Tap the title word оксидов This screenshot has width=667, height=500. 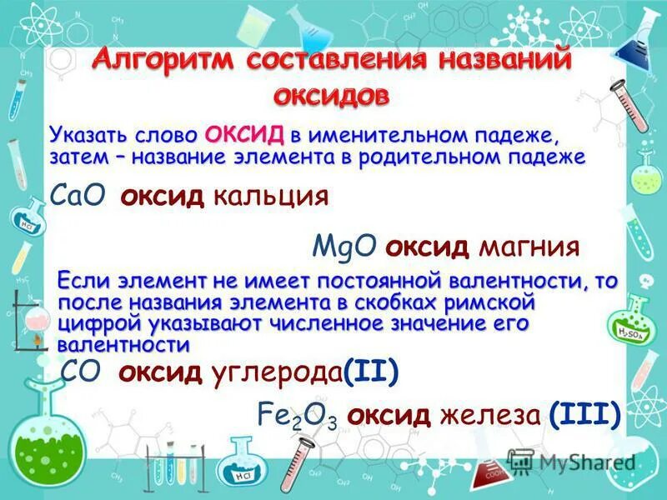pyautogui.click(x=331, y=94)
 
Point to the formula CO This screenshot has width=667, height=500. pyautogui.click(x=83, y=372)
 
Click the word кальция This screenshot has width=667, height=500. pyautogui.click(x=270, y=197)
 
